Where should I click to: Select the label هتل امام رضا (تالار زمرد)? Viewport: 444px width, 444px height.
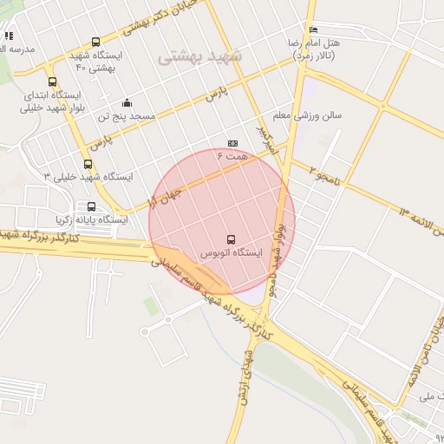(x=314, y=49)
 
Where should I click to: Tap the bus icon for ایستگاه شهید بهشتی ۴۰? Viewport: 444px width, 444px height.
(x=95, y=42)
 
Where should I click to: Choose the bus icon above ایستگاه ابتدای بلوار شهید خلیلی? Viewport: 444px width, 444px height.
(x=53, y=82)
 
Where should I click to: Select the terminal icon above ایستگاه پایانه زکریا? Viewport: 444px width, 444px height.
(x=91, y=206)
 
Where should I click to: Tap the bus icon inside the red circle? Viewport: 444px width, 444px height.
(x=231, y=238)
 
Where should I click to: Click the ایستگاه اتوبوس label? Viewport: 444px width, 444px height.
(x=231, y=253)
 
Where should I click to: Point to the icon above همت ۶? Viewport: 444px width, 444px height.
(x=232, y=143)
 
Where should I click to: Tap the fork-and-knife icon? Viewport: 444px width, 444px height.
(x=9, y=36)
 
